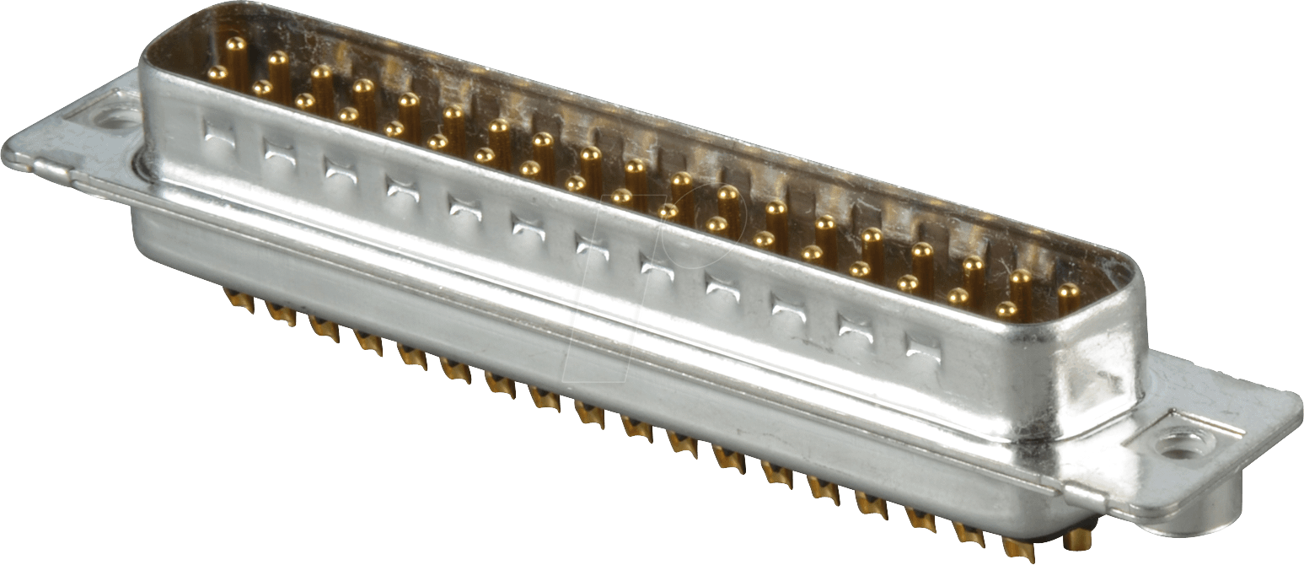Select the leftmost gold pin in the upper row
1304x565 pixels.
click(x=236, y=44)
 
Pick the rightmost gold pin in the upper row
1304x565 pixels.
click(x=1068, y=292)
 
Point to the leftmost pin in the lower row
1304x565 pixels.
click(x=217, y=73)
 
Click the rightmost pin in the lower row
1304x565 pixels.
click(x=1006, y=309)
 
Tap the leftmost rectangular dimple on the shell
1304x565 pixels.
click(x=219, y=132)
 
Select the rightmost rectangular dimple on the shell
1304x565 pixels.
click(x=922, y=343)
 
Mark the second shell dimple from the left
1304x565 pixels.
click(x=279, y=150)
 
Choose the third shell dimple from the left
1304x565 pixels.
click(x=341, y=168)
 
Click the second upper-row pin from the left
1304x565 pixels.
click(x=278, y=59)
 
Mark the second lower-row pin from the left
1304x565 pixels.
click(x=262, y=86)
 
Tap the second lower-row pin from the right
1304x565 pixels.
click(x=958, y=296)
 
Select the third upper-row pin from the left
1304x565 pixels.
click(x=321, y=73)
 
